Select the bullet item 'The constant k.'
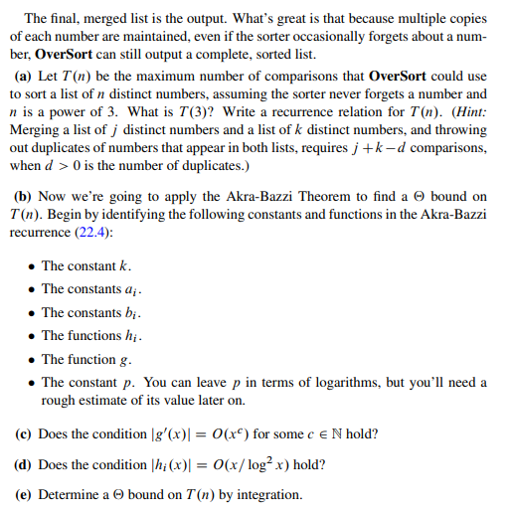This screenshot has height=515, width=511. (x=86, y=266)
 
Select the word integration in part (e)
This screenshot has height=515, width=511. (x=268, y=494)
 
